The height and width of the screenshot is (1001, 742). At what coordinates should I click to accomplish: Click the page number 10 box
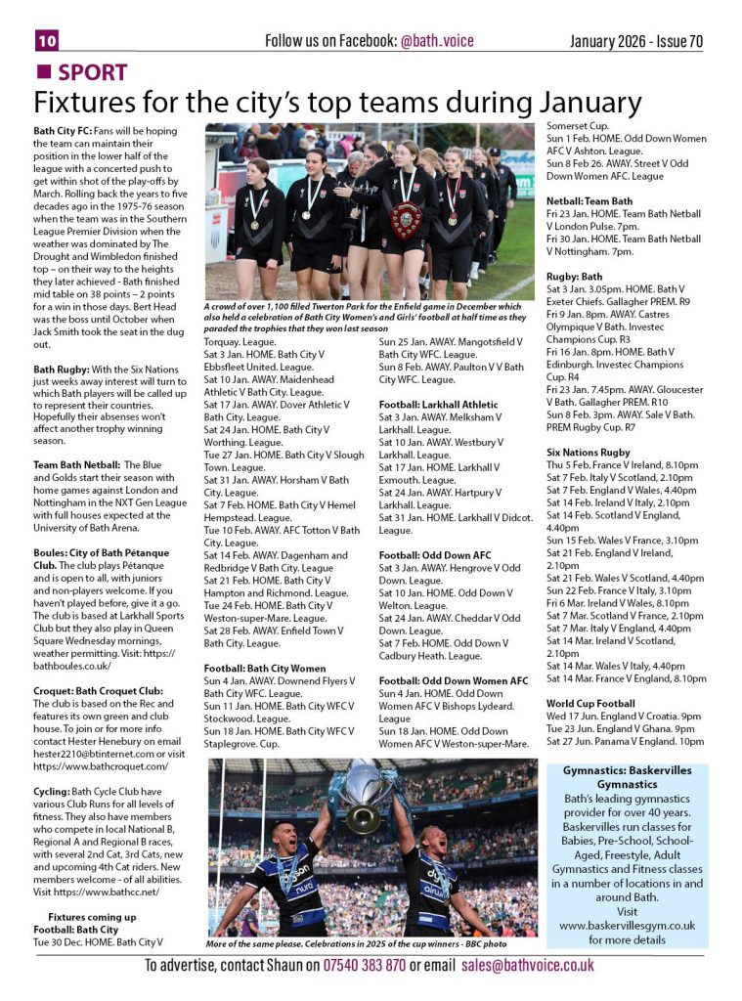[47, 40]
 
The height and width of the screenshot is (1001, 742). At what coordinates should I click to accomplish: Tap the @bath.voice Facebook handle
[436, 40]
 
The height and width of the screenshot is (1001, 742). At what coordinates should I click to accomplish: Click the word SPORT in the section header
[92, 72]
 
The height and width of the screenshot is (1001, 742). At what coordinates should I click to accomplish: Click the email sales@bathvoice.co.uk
[527, 965]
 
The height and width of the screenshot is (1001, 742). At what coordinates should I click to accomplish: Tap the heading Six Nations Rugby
[588, 453]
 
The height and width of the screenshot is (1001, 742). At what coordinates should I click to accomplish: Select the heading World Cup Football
[590, 703]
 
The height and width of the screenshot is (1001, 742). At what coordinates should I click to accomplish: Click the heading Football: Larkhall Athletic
[438, 404]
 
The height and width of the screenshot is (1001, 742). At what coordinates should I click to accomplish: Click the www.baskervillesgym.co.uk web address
[627, 924]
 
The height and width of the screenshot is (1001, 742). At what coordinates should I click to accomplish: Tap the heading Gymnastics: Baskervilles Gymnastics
[627, 777]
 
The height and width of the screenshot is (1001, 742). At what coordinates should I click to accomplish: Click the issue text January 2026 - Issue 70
[636, 40]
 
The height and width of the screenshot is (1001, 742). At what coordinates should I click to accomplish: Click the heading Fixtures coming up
[94, 917]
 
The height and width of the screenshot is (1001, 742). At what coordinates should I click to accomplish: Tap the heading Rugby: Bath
[574, 277]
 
